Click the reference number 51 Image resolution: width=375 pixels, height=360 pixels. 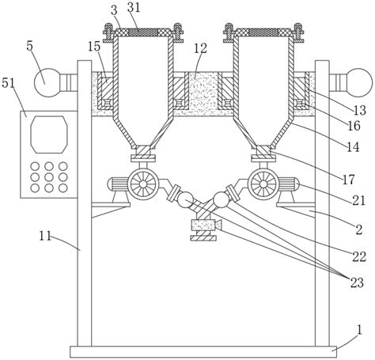[x=9, y=83]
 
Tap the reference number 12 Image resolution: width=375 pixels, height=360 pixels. [x=200, y=48]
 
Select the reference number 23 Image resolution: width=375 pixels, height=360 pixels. [x=357, y=282]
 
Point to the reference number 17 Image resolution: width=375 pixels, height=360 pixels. [x=348, y=180]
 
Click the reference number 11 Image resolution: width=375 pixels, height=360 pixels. [x=45, y=236]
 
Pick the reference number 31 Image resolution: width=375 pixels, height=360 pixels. [x=134, y=8]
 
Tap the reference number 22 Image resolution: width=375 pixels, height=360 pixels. [x=359, y=256]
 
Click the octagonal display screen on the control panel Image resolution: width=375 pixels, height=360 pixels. [x=49, y=135]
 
